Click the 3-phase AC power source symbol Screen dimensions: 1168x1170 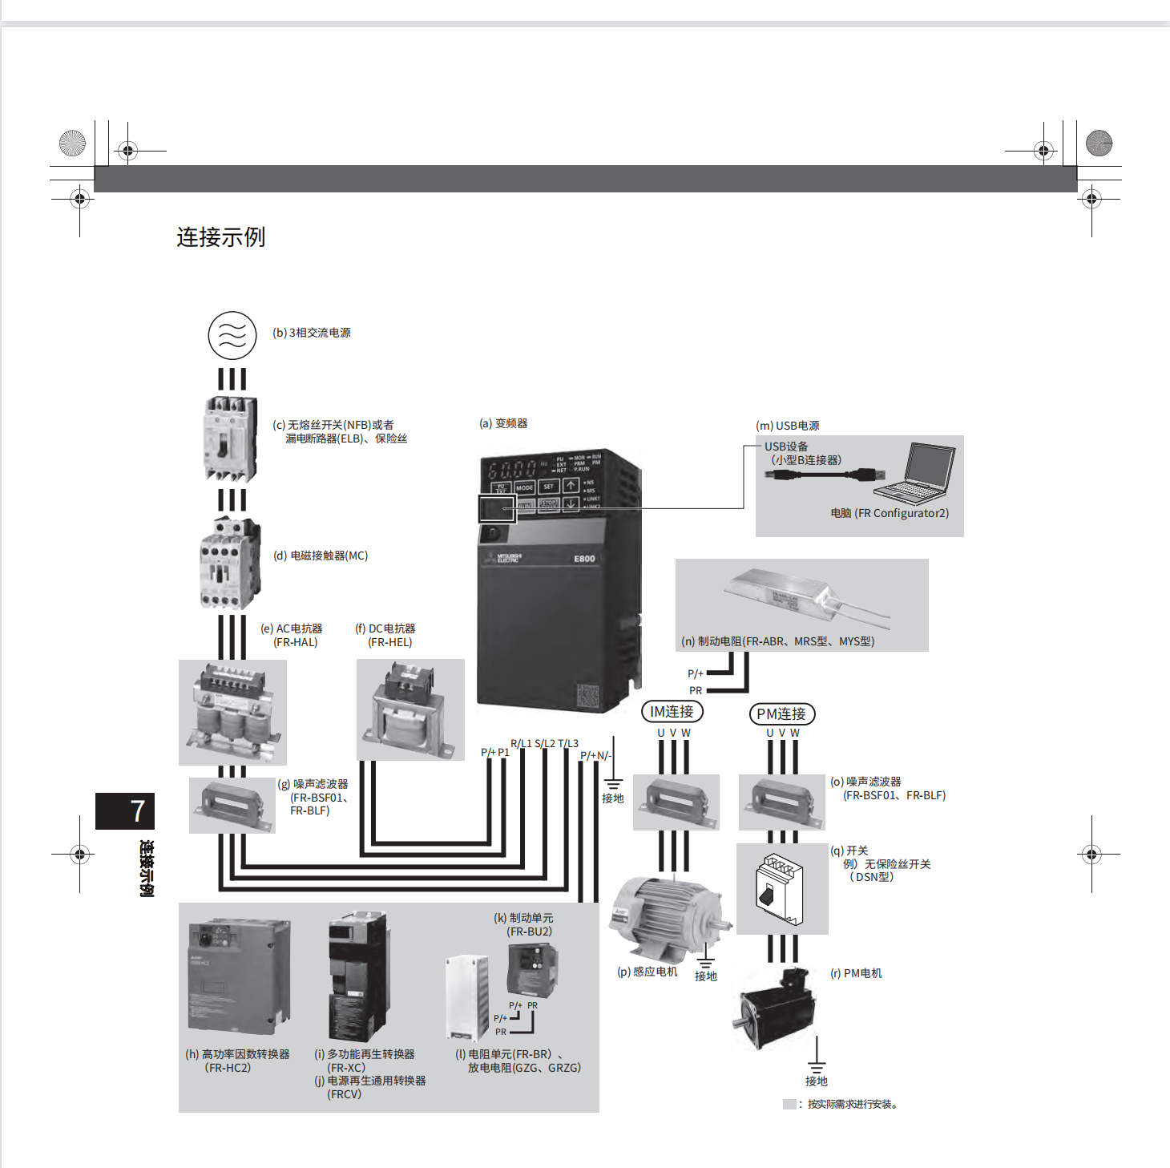coord(232,335)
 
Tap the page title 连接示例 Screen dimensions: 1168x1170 coord(220,237)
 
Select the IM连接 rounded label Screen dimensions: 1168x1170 coord(672,712)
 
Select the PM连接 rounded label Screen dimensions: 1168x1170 coord(781,713)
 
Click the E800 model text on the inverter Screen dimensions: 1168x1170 coord(584,559)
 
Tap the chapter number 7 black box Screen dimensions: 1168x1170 coord(125,811)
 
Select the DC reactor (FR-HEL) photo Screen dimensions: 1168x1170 coord(409,709)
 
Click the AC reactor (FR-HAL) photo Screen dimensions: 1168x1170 coord(232,712)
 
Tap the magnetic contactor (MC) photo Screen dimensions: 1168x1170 coord(230,563)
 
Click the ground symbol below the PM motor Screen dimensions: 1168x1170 coord(817,1066)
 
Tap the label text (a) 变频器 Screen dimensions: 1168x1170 coord(503,423)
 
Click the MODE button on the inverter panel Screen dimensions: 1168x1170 coord(524,487)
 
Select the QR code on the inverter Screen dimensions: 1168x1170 coord(588,696)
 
